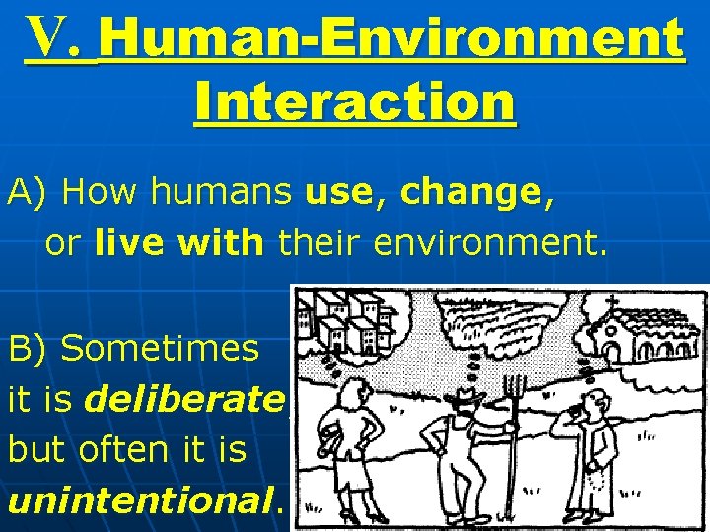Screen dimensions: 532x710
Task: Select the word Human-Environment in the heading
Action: click(x=391, y=40)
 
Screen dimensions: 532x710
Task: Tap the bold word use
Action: click(x=337, y=194)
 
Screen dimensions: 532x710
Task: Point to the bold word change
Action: click(x=468, y=194)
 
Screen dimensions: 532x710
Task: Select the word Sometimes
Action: click(x=160, y=348)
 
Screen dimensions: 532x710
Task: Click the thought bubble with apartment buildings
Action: click(x=350, y=320)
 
